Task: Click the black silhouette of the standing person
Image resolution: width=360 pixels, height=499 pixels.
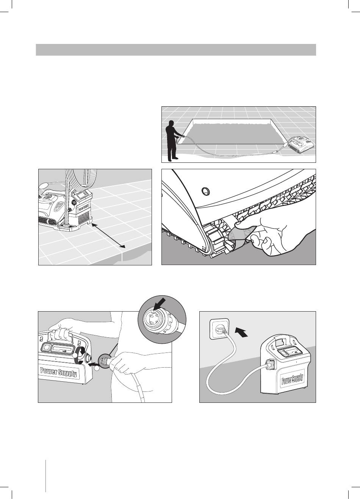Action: coord(172,140)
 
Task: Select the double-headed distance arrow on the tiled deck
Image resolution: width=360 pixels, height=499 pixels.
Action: coord(108,236)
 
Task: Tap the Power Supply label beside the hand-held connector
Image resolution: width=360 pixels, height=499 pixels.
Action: coord(58,371)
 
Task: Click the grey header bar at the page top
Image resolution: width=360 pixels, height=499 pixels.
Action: coord(176,50)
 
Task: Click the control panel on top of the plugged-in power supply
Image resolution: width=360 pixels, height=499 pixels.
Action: coord(290,352)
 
